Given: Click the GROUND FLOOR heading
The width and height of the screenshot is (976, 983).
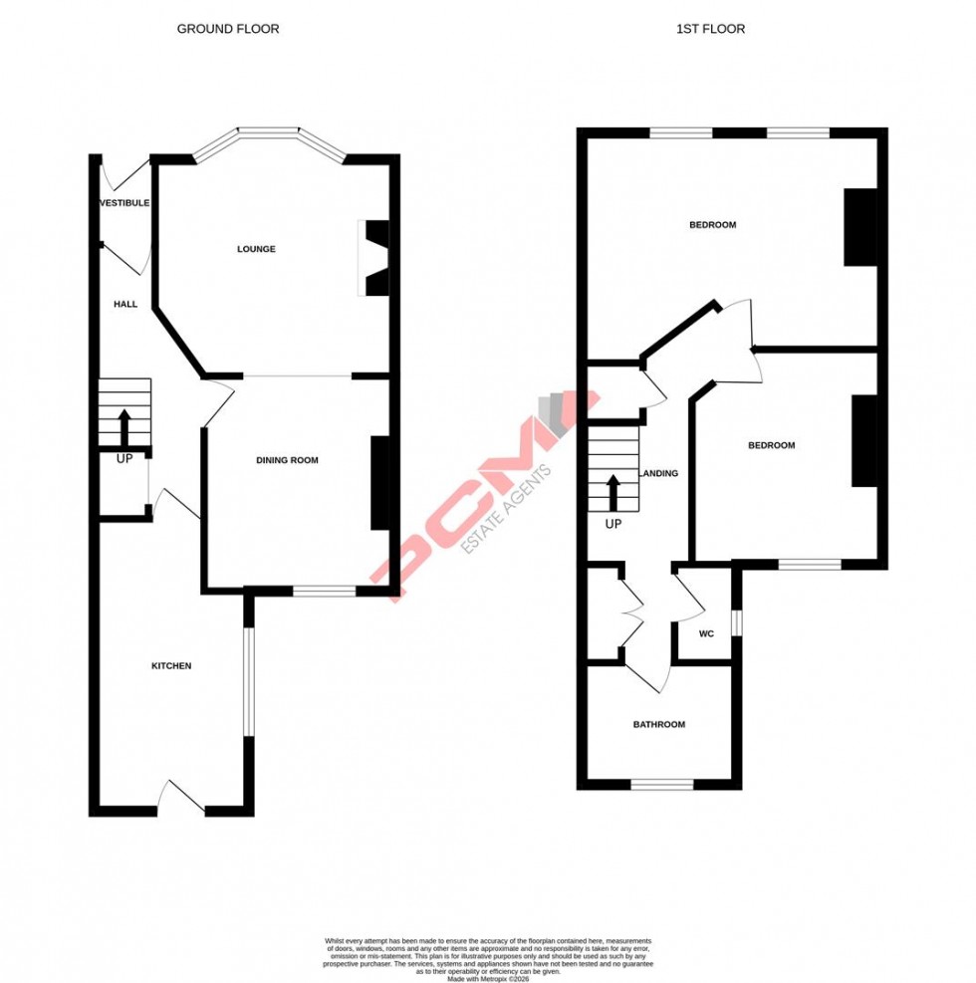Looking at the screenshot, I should [228, 29].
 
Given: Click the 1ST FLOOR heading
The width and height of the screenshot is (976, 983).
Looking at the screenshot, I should [710, 29].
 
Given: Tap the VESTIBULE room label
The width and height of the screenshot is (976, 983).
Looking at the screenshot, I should [124, 203].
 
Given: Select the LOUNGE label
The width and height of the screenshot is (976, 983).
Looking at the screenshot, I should [256, 249].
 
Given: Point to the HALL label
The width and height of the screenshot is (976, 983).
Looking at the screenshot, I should [124, 304].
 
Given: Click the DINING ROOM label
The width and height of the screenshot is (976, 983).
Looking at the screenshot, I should [287, 460].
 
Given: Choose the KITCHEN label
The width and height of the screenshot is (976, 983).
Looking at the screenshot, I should [171, 665].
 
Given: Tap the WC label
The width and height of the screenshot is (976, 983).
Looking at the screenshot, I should [706, 633].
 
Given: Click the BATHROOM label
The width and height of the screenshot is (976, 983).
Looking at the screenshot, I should [659, 724].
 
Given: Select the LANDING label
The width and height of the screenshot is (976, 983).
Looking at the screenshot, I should [659, 474].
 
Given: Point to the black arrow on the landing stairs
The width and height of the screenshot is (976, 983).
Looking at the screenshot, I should [613, 492].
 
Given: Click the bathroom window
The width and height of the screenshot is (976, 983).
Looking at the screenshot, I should [662, 784].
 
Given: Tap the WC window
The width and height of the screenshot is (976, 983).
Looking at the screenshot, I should [737, 621].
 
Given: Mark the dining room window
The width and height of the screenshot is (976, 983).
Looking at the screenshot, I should [325, 592].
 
